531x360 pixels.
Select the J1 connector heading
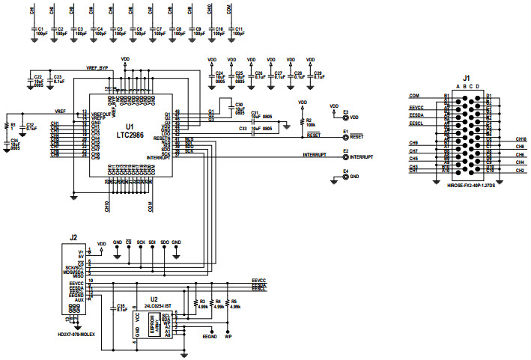466,78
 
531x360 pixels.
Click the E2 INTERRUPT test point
345,156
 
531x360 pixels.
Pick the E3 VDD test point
345,118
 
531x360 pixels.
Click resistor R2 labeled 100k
307,122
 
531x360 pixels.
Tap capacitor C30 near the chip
239,108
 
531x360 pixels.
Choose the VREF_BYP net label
100,67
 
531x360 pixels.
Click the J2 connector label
73,237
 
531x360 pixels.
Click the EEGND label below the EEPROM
210,338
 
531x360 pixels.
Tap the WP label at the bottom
228,338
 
